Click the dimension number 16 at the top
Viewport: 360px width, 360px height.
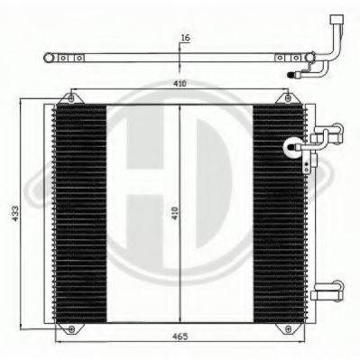(184, 38)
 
